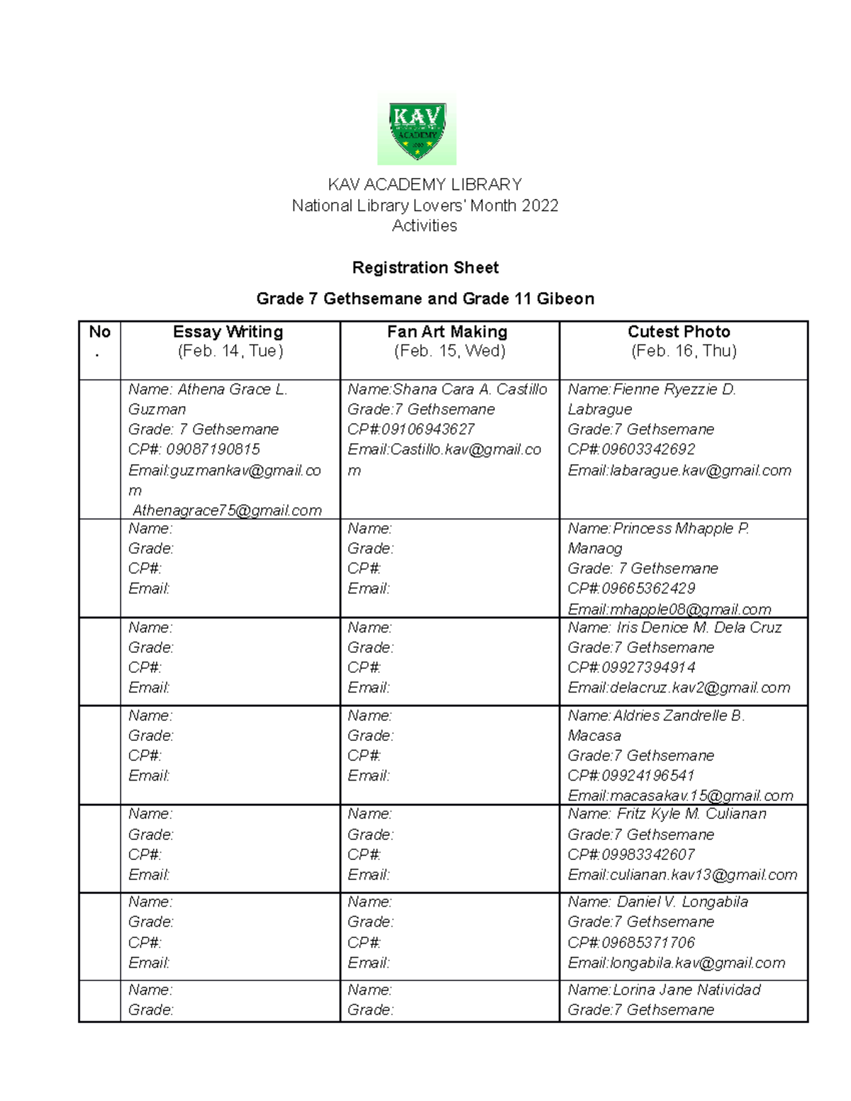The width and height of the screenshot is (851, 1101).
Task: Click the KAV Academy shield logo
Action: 417,130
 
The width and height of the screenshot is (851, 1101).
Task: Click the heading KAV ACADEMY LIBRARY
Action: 425,185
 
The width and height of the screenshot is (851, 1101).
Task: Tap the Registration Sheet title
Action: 425,268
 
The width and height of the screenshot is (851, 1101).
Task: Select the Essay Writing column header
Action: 228,332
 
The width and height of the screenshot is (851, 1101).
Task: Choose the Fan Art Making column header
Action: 447,332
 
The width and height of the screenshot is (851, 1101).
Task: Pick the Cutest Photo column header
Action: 679,332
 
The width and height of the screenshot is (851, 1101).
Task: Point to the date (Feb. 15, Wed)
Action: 450,351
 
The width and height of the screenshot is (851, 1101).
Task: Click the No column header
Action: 99,332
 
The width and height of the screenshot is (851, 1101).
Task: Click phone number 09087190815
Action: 213,449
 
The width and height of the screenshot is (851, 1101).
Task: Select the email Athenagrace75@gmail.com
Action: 227,510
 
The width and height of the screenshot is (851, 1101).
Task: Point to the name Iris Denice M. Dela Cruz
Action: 699,628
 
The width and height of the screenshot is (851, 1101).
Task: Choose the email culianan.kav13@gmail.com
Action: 703,875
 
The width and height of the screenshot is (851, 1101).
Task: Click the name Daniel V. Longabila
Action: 682,902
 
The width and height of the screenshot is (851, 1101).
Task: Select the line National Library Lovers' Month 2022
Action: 425,206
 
